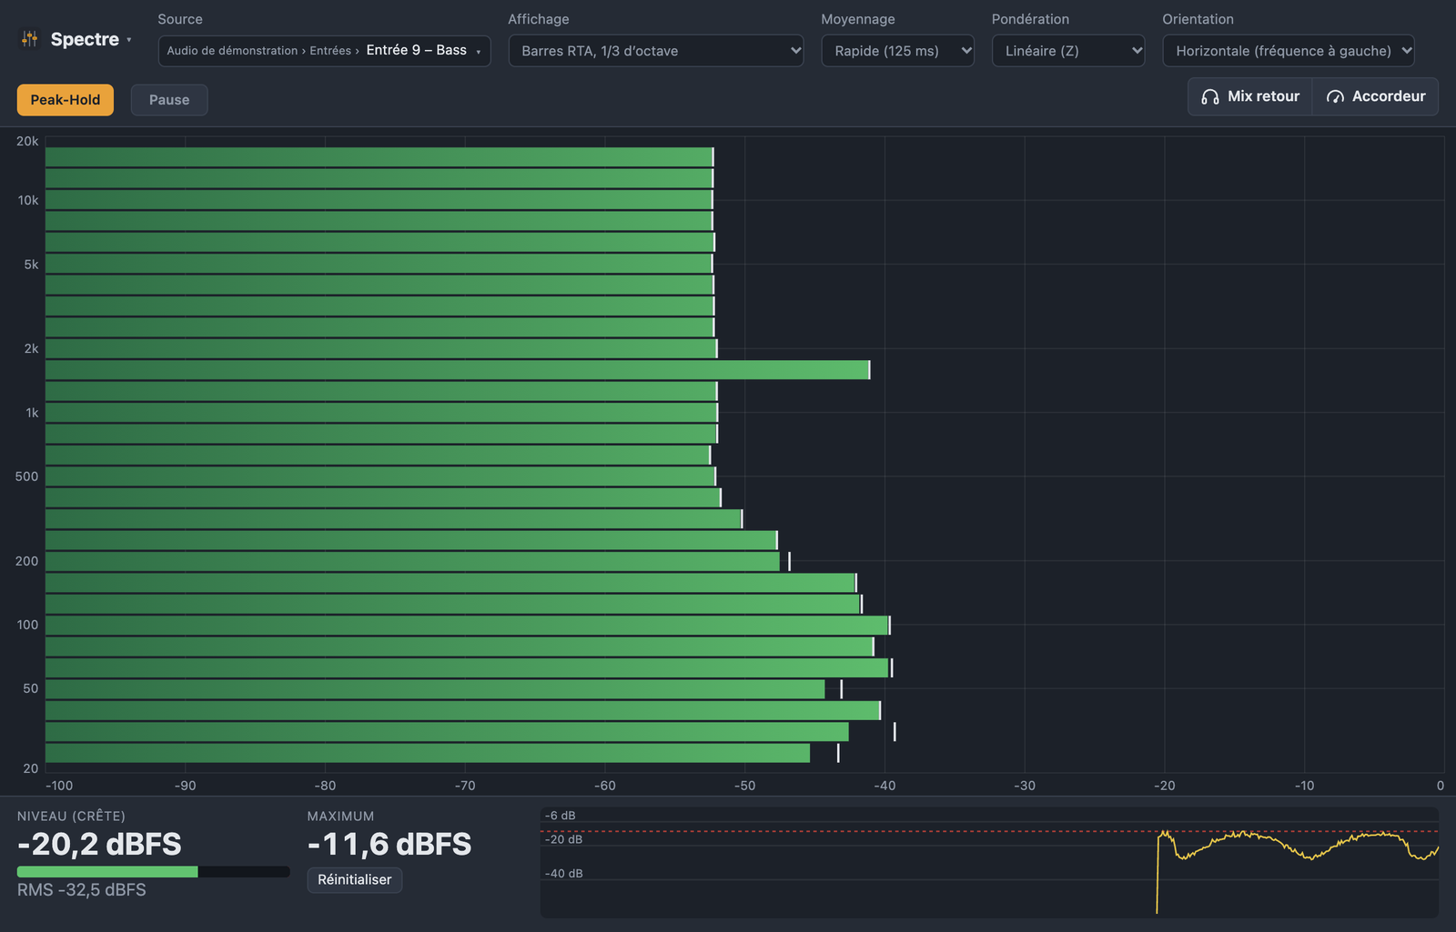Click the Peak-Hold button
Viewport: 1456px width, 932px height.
[x=65, y=100]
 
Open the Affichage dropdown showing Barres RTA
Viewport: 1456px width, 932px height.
[x=656, y=51]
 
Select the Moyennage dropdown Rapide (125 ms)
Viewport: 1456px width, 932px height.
[x=897, y=51]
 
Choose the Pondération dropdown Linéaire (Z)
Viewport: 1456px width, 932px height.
[x=1068, y=51]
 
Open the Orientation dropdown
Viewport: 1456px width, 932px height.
[x=1289, y=51]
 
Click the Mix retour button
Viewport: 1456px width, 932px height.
[x=1250, y=96]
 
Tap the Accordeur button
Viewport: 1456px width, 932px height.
[x=1375, y=96]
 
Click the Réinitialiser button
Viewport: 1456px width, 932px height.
[x=354, y=880]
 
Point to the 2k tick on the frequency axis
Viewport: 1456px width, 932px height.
[x=31, y=349]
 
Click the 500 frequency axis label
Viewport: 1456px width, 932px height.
[x=26, y=476]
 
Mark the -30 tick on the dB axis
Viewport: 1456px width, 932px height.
[x=1025, y=786]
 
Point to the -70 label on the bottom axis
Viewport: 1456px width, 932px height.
[x=465, y=786]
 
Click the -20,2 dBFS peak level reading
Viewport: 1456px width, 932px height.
[x=99, y=845]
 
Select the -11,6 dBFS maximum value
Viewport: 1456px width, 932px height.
[x=389, y=845]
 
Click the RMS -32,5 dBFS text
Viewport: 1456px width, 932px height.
[x=81, y=890]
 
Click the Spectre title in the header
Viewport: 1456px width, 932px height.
[x=86, y=40]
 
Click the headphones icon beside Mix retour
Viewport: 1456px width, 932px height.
[x=1209, y=96]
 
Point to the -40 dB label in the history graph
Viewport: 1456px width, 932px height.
[x=563, y=874]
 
